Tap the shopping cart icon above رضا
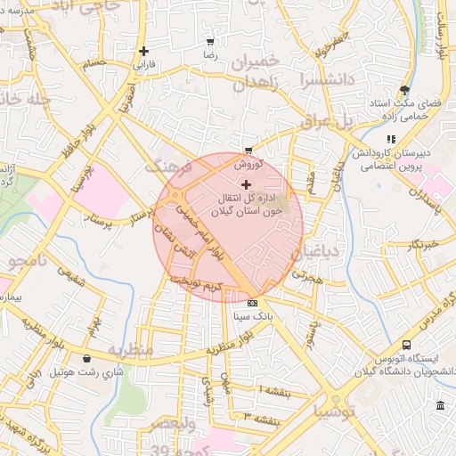pos(210,41)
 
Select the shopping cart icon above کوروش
pos(248,151)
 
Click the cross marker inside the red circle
pos(247,183)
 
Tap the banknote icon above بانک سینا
pos(252,302)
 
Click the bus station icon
pos(407,345)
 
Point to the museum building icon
pos(441,407)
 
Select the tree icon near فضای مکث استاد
pos(405,90)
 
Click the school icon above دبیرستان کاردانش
pos(391,139)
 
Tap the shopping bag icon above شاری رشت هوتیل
pos(86,358)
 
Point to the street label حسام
pos(93,64)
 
